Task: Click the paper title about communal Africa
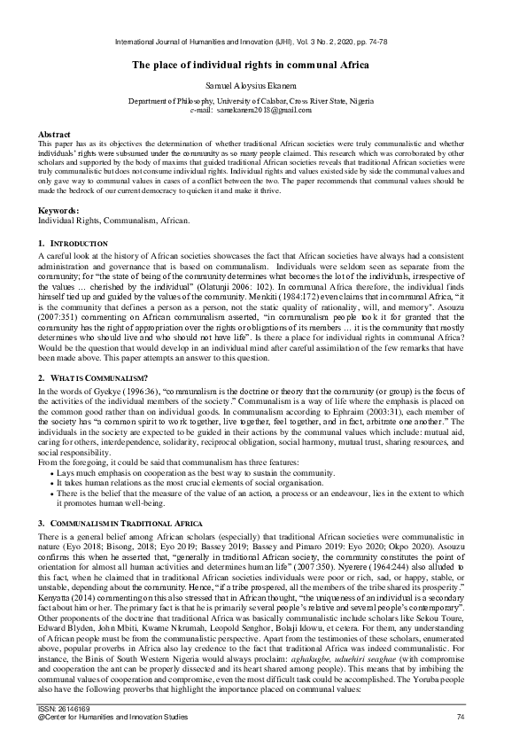coord(263,65)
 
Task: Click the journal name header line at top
coord(263,42)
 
